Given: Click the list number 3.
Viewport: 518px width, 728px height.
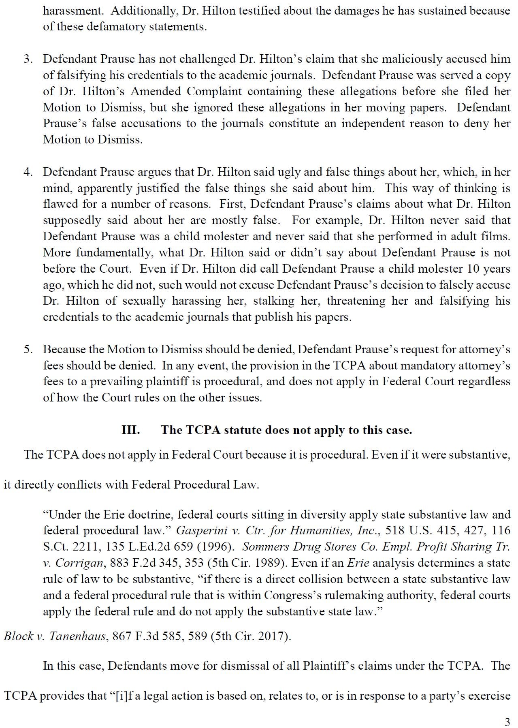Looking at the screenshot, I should pyautogui.click(x=28, y=59).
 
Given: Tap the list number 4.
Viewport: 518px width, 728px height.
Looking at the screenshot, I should pyautogui.click(x=28, y=172).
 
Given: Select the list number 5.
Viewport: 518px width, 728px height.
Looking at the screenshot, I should pyautogui.click(x=28, y=349).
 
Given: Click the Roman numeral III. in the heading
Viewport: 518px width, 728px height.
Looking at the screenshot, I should pyautogui.click(x=131, y=430).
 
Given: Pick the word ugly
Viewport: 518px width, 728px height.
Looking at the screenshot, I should pyautogui.click(x=289, y=172).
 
